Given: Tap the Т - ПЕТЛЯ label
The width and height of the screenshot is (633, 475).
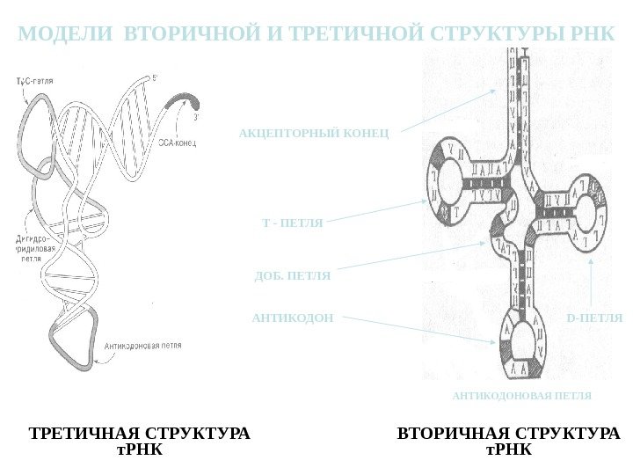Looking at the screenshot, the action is (x=293, y=223).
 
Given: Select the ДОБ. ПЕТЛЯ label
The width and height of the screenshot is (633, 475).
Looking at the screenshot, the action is (x=292, y=275).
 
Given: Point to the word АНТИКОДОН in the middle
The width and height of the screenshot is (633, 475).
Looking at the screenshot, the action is (x=293, y=317).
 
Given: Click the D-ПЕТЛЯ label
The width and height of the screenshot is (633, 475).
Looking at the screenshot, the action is (x=593, y=317).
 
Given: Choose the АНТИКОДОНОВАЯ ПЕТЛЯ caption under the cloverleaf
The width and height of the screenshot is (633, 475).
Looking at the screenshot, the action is (x=522, y=396).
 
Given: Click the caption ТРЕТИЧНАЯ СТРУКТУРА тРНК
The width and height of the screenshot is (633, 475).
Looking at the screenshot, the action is (x=140, y=442).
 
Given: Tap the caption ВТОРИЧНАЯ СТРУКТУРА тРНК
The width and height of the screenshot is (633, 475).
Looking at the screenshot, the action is (x=509, y=442).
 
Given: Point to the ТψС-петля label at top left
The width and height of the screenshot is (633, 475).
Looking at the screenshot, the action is (x=38, y=80).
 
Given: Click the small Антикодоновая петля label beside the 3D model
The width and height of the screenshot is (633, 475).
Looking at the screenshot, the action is (x=143, y=346).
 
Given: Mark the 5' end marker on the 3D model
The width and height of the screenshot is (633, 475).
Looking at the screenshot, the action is (x=156, y=77).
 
